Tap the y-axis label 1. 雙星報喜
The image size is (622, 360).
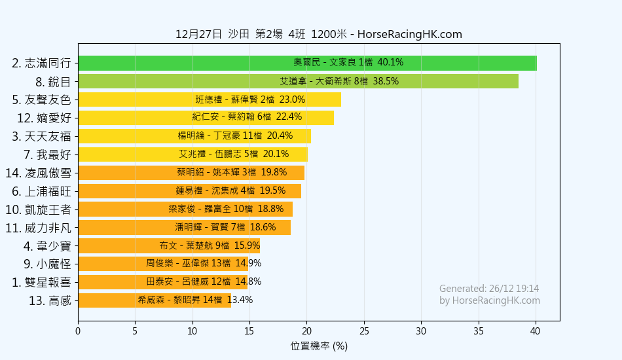(x=41, y=282)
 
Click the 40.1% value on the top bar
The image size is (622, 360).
(x=391, y=63)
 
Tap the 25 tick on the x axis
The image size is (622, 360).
(x=364, y=331)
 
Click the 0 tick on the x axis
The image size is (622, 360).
(x=78, y=331)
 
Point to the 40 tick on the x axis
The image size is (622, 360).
(x=536, y=331)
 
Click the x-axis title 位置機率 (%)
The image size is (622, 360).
(x=319, y=346)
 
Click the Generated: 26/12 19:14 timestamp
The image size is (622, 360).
(x=489, y=289)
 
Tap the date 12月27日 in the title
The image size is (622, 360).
(x=198, y=35)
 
